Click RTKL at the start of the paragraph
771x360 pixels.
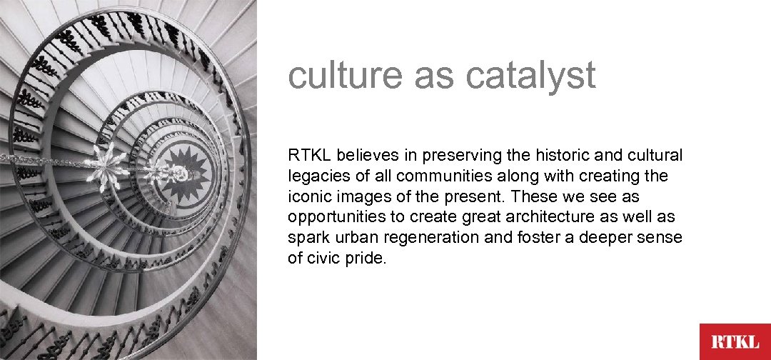click(311, 155)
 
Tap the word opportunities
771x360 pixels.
click(334, 217)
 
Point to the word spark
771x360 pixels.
click(308, 238)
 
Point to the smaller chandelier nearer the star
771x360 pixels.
click(158, 171)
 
